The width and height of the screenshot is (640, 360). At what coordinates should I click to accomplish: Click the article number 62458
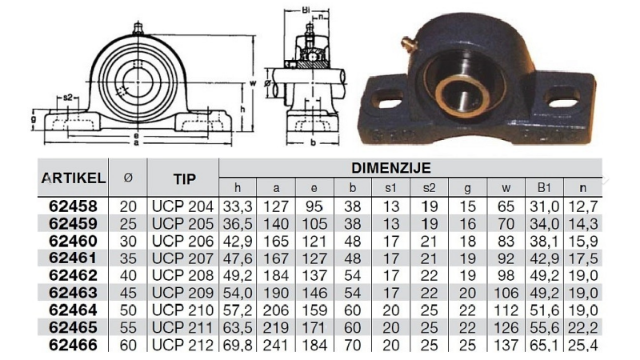click(x=73, y=206)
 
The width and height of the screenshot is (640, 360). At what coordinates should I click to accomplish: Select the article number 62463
click(x=73, y=294)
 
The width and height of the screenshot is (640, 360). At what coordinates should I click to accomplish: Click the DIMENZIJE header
click(x=391, y=168)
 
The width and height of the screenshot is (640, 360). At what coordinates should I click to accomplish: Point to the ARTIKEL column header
click(x=73, y=177)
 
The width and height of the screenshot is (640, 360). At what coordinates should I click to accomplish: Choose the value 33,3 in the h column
click(x=238, y=206)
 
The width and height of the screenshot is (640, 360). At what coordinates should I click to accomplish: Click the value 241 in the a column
click(x=276, y=346)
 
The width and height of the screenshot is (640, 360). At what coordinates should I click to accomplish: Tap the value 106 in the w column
click(x=504, y=294)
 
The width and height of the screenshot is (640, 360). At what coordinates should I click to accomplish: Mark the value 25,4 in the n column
click(x=582, y=346)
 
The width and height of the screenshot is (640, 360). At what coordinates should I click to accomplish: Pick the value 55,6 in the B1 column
click(x=544, y=328)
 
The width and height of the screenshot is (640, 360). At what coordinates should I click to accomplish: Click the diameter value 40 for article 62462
click(x=128, y=276)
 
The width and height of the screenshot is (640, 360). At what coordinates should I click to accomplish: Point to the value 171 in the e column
click(x=314, y=328)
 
